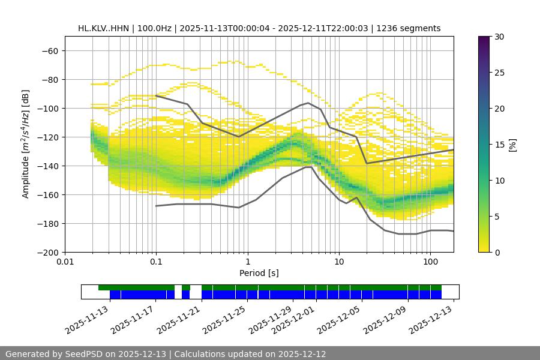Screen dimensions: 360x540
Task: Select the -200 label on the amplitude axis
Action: [48, 253]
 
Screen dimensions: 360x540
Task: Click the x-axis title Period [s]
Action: [259, 274]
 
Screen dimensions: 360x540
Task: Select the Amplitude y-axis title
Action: [26, 144]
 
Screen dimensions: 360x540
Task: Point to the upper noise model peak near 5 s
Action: [308, 103]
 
